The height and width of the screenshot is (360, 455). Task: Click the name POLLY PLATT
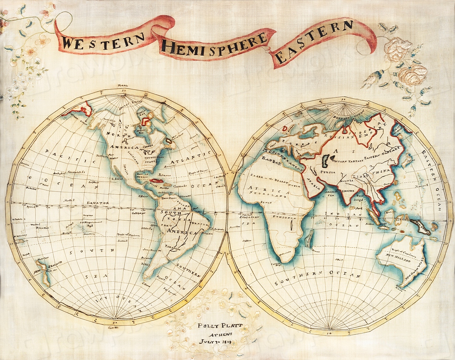coord(215,326)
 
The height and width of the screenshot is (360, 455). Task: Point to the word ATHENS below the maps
coord(215,334)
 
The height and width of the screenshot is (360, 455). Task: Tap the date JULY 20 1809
coord(215,343)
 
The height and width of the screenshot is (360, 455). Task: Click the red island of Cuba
coord(158,181)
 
